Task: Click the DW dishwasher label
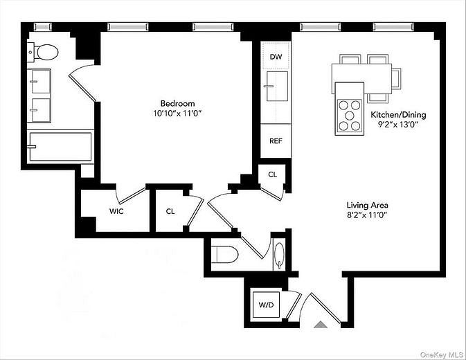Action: [x=276, y=57]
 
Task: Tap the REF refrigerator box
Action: [x=276, y=141]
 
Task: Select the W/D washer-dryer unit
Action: [x=266, y=305]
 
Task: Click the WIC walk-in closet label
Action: [x=116, y=211]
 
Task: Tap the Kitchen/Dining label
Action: [x=398, y=115]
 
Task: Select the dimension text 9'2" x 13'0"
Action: [x=398, y=125]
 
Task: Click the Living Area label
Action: [x=367, y=205]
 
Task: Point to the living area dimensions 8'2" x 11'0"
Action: [x=367, y=215]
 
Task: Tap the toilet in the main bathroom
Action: [x=47, y=52]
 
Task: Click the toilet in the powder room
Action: [x=225, y=254]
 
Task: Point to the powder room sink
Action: [x=279, y=253]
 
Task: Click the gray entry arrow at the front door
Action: [x=319, y=323]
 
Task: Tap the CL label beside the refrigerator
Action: [x=272, y=174]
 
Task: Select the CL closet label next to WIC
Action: [x=170, y=211]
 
